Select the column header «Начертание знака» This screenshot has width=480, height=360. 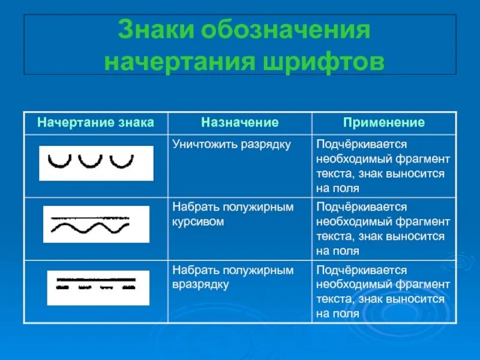click(96, 123)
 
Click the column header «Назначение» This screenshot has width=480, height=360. click(240, 123)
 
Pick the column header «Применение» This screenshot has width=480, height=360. click(384, 123)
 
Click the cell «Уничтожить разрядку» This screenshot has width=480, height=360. click(232, 145)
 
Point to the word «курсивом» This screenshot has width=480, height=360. click(198, 221)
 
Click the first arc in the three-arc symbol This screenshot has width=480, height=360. click(59, 161)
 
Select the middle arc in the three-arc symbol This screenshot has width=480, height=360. click(91, 161)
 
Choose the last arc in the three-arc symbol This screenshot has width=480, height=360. click(122, 161)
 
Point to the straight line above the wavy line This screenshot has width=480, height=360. click(90, 218)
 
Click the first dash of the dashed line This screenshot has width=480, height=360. click(62, 288)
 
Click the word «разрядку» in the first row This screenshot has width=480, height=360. click(269, 145)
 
